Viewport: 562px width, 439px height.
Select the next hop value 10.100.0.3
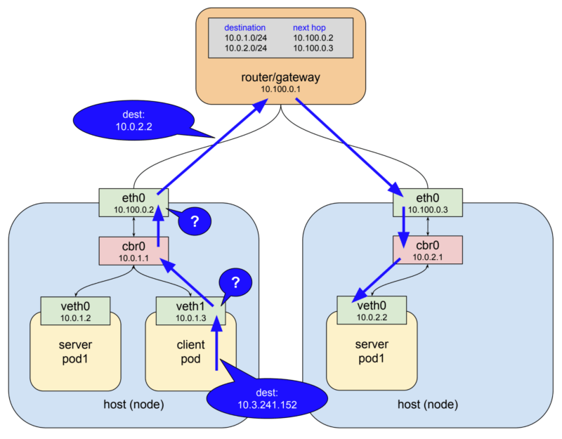point(313,48)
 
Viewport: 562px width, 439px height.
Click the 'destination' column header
point(245,27)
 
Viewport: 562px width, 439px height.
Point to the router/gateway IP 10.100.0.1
point(281,90)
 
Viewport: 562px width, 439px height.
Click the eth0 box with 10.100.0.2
point(134,202)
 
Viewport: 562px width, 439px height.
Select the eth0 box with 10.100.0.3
point(428,202)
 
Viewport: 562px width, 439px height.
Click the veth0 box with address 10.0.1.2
point(75,310)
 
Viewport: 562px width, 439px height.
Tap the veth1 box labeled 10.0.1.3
point(190,310)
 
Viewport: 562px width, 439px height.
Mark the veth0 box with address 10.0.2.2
point(372,310)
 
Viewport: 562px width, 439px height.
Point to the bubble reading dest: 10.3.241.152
point(267,398)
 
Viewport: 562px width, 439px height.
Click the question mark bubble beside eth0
point(195,221)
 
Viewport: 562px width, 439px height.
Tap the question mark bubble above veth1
point(236,283)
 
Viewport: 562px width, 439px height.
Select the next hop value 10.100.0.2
point(313,37)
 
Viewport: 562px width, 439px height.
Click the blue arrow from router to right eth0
point(348,144)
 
